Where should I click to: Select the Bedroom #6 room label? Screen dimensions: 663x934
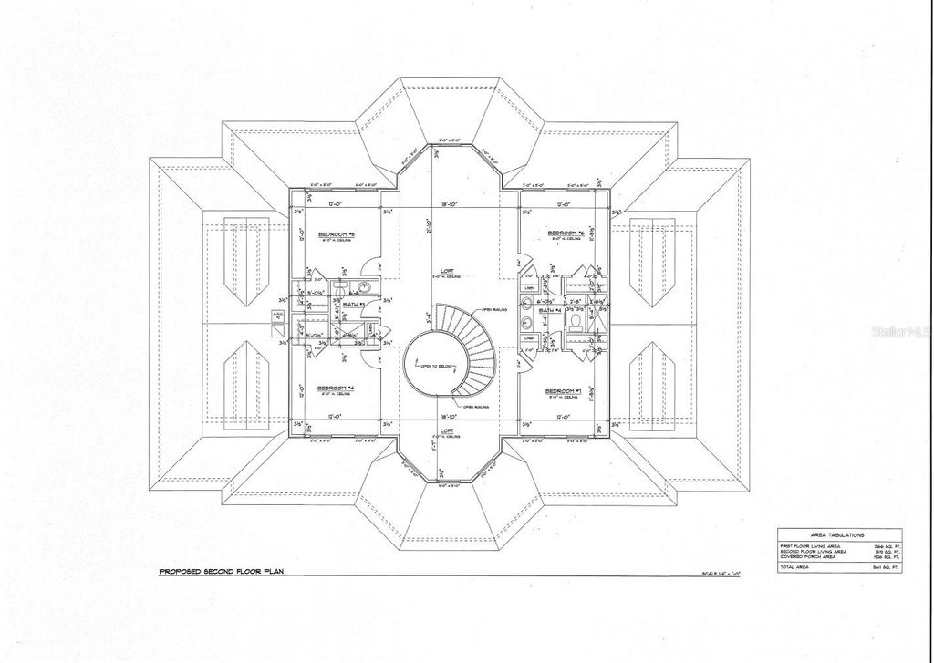point(558,233)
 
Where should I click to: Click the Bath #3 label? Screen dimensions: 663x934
point(355,304)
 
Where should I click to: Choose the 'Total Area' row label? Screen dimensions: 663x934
point(795,566)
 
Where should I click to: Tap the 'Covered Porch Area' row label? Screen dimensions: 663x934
point(806,556)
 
